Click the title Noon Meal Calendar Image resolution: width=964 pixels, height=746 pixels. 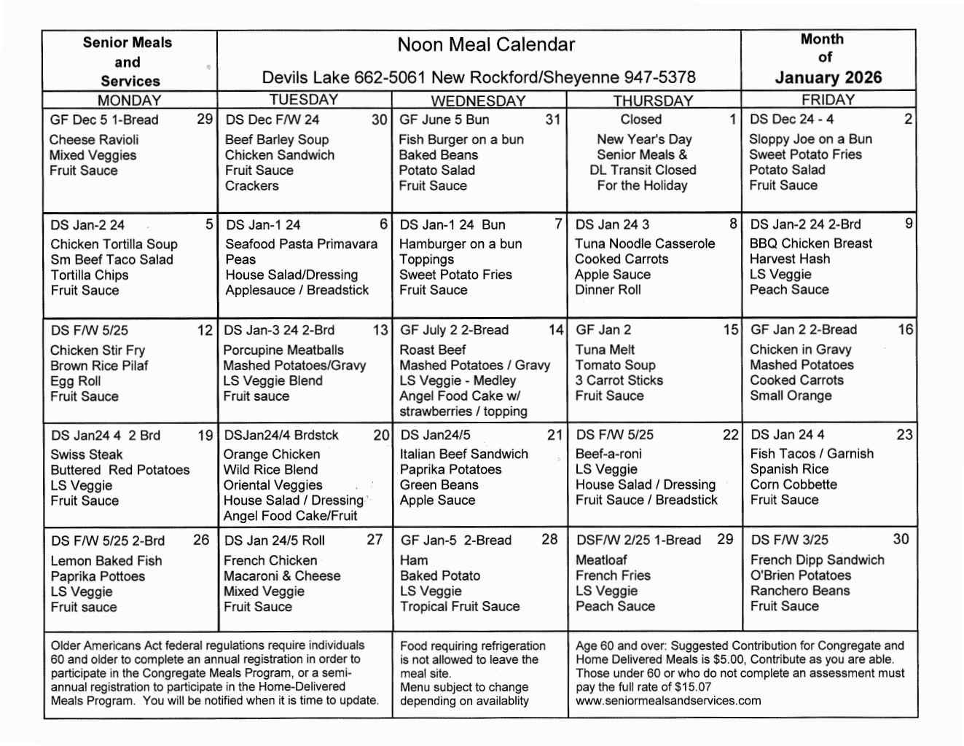click(486, 45)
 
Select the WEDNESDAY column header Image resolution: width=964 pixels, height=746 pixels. click(478, 101)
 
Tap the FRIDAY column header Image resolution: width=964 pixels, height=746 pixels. click(828, 100)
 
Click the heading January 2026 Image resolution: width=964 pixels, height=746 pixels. click(828, 78)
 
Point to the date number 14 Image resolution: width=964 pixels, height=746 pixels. click(556, 330)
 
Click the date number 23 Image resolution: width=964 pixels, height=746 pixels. click(904, 434)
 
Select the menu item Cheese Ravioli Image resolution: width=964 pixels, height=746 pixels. click(94, 139)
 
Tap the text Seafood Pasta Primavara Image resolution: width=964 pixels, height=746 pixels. click(301, 244)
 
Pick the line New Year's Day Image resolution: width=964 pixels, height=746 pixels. click(644, 138)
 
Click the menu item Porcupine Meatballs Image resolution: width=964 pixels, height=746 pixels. click(283, 350)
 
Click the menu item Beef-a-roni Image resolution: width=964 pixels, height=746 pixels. click(608, 454)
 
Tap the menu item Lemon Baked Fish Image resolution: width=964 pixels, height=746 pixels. click(106, 561)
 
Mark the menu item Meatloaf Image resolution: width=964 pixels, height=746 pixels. click(601, 559)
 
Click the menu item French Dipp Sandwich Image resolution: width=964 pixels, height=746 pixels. click(817, 559)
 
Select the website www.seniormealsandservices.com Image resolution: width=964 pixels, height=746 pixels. click(668, 701)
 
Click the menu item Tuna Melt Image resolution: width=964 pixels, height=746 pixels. click(605, 350)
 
